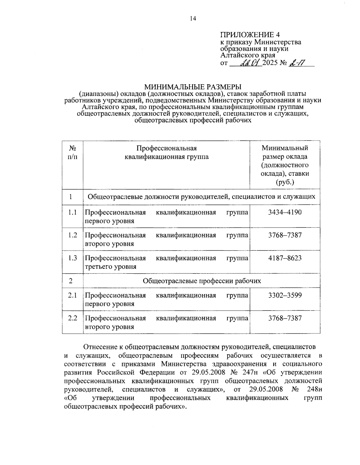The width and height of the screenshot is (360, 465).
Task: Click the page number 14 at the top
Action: (x=193, y=19)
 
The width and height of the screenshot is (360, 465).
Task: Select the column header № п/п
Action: (x=72, y=152)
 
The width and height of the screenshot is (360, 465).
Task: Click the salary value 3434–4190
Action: (x=285, y=213)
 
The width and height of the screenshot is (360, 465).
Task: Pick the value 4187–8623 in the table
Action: (x=285, y=258)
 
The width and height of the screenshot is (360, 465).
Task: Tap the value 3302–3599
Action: (x=285, y=295)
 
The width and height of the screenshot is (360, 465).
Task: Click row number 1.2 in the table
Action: (x=72, y=235)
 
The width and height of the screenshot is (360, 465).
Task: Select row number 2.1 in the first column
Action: (x=72, y=295)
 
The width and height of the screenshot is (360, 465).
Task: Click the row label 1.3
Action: (x=72, y=258)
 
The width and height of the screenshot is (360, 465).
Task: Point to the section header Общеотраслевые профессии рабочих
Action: (x=202, y=281)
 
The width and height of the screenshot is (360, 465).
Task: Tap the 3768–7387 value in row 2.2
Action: (x=285, y=318)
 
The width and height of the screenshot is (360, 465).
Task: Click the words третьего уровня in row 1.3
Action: (x=111, y=267)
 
